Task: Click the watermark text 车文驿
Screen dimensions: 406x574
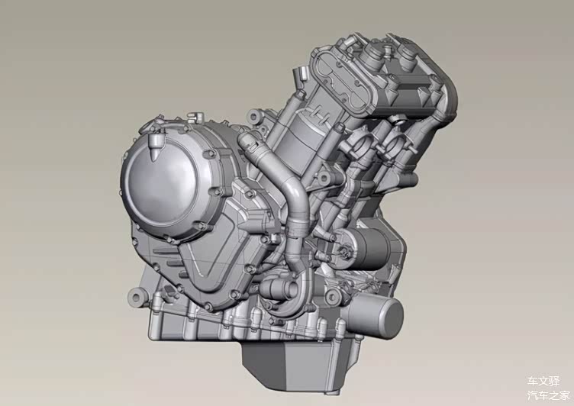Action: [543, 380]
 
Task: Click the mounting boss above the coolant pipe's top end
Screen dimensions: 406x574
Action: [253, 118]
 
